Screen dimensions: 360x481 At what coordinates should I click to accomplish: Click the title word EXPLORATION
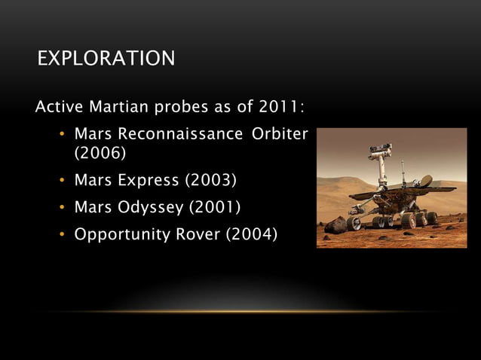click(106, 58)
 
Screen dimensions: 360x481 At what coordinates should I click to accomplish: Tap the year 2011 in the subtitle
click(282, 107)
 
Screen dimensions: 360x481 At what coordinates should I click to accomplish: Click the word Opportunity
click(120, 234)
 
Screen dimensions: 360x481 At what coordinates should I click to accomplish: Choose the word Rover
click(198, 234)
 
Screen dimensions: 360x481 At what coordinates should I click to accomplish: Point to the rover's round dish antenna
click(425, 181)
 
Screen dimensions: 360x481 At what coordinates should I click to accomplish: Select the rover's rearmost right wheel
click(431, 218)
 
